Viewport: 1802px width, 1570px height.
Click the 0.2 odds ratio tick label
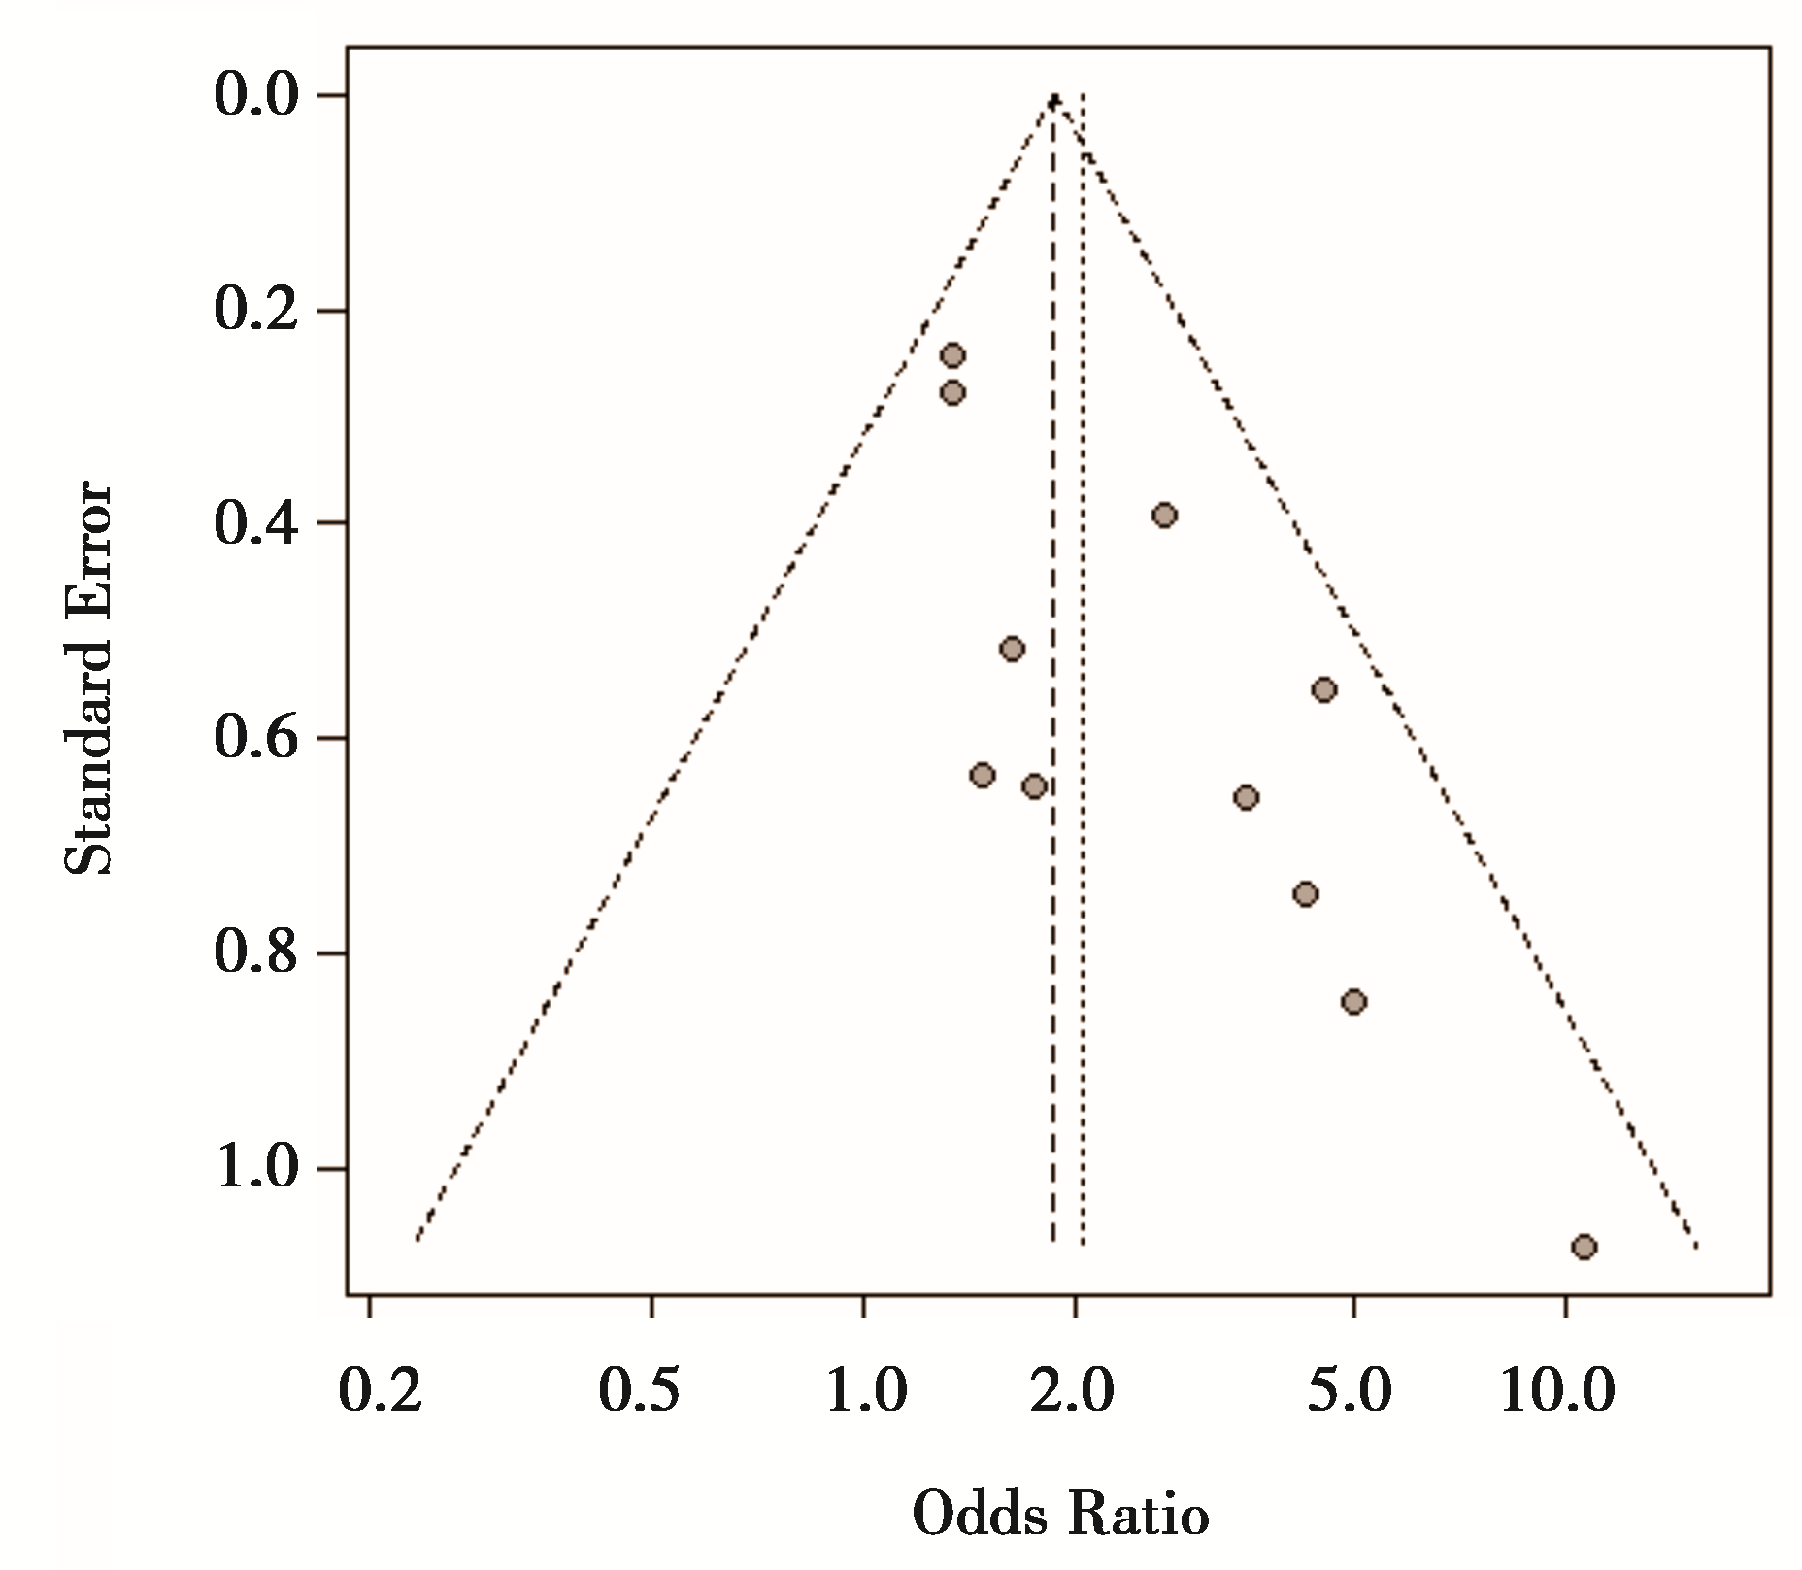coord(381,1390)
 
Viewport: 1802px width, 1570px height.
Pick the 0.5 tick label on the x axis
coord(639,1390)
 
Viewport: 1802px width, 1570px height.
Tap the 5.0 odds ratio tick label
coord(1350,1390)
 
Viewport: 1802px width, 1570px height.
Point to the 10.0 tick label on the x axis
coord(1558,1390)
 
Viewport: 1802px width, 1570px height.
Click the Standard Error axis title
coord(89,678)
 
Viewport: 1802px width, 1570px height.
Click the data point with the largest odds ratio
coord(1584,1247)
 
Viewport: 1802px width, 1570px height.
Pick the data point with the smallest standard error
coord(952,355)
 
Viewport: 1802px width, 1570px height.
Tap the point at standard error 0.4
coord(1165,515)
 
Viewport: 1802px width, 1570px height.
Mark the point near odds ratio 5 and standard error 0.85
coord(1354,1002)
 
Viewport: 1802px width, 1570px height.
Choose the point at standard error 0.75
coord(1306,894)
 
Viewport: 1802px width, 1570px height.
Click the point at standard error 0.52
coord(1012,649)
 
